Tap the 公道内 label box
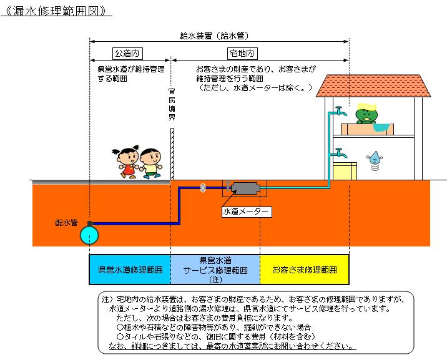tap(129, 54)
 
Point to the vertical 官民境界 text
tap(172, 104)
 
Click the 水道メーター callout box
tap(247, 212)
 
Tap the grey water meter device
tap(245, 187)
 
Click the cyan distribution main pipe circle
tap(90, 235)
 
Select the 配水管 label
tap(66, 222)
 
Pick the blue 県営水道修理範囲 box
tap(130, 270)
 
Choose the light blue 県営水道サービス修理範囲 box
tap(215, 270)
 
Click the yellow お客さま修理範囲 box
tap(304, 270)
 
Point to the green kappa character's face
tap(363, 114)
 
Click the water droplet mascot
tap(375, 159)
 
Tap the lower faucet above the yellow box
tap(339, 152)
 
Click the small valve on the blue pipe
tap(203, 187)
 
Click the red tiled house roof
tap(374, 85)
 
